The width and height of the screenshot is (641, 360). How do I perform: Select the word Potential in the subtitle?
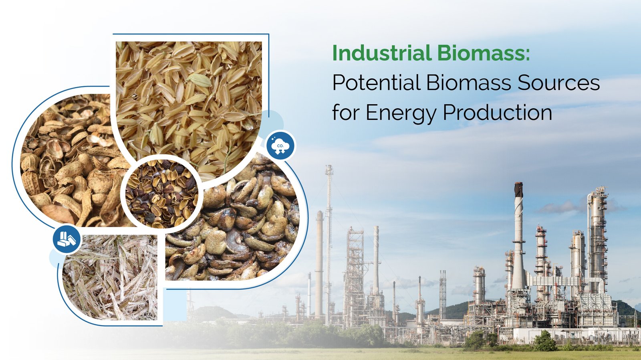coord(376,83)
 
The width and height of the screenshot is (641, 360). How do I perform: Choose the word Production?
coord(498,112)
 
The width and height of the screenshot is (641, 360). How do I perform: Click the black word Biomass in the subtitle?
coord(468,83)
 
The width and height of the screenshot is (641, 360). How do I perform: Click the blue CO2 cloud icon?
coord(280,146)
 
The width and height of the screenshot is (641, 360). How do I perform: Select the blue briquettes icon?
coord(67,239)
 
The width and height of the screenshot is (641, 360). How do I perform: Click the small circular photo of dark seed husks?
coord(162,194)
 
